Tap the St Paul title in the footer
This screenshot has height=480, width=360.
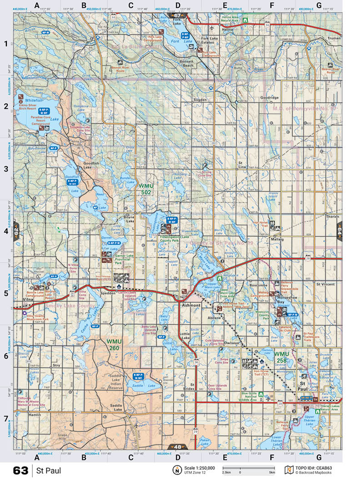pyautogui.click(x=49, y=470)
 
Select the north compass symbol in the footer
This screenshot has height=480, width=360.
pyautogui.click(x=176, y=470)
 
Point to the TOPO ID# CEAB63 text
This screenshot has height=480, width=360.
pyautogui.click(x=314, y=468)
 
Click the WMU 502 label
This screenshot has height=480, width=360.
pyautogui.click(x=145, y=189)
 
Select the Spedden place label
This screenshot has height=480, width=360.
pyautogui.click(x=107, y=293)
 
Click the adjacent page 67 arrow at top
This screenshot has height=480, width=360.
pyautogui.click(x=177, y=15)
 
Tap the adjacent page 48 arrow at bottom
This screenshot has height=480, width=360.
pyautogui.click(x=177, y=447)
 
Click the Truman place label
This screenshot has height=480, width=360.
pyautogui.click(x=334, y=38)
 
